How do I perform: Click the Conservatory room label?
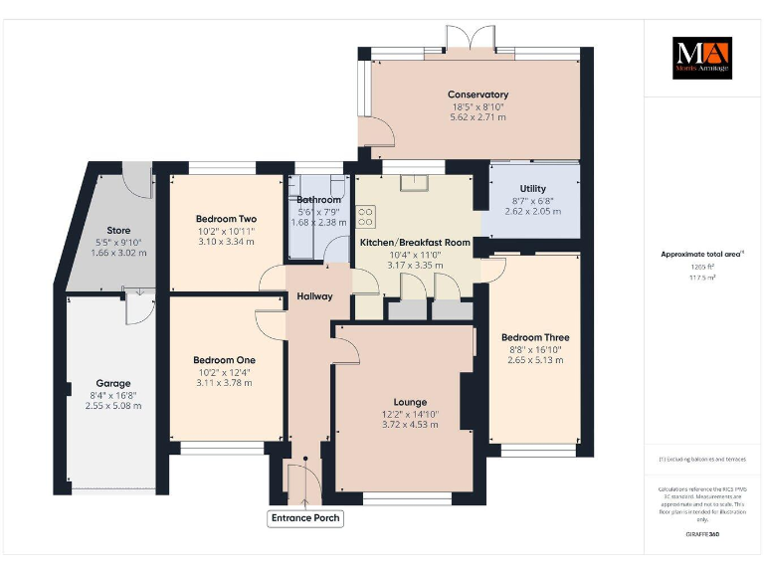pos(477,95)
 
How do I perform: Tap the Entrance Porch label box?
pos(305,518)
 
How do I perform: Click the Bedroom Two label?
pos(226,219)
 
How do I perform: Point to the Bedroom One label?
pos(224,360)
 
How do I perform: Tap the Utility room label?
pos(532,189)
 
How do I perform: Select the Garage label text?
pos(112,383)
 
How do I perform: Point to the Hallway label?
pos(314,296)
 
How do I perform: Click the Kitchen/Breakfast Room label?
pos(415,243)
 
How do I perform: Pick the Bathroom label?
pos(318,200)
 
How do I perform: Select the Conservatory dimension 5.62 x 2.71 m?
pos(477,116)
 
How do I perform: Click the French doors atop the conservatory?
pos(469,38)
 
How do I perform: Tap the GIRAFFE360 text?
pos(701,535)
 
